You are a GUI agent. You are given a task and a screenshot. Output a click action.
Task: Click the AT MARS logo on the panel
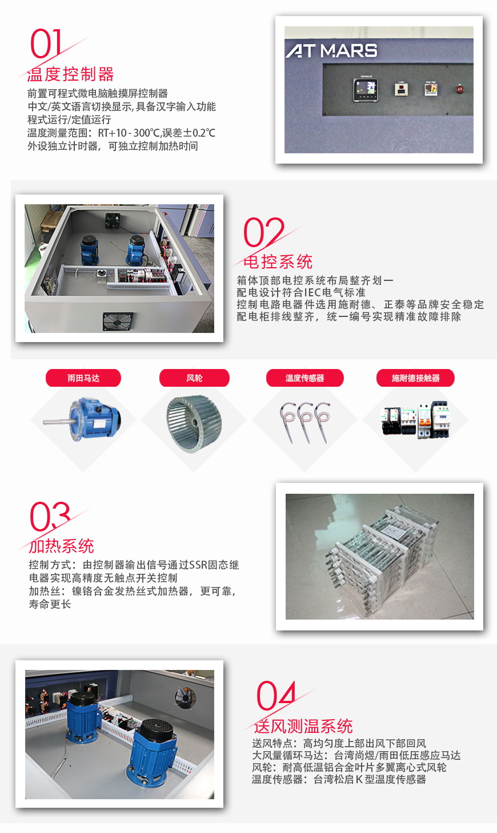(331, 51)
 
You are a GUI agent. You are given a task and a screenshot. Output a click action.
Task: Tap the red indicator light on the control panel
(459, 89)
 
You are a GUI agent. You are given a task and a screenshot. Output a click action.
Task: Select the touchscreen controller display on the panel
(366, 89)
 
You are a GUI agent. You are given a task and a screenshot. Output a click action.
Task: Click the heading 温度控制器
(71, 74)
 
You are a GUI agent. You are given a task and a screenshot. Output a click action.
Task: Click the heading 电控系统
(278, 262)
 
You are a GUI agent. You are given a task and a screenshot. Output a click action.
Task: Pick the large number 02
(263, 232)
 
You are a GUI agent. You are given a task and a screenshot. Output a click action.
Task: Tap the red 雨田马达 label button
(83, 378)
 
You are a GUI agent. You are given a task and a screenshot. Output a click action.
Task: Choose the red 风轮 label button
(194, 378)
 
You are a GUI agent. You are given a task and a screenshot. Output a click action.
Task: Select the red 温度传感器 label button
(304, 378)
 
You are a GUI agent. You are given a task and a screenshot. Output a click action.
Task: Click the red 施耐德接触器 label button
(415, 378)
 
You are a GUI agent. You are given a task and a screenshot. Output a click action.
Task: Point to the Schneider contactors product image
(415, 421)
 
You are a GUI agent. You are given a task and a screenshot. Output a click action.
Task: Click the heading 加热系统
(62, 546)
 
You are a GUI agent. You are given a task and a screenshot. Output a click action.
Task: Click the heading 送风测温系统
(303, 727)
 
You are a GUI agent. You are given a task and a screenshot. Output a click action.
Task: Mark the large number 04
(276, 696)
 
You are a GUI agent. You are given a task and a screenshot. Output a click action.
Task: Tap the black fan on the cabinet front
(118, 321)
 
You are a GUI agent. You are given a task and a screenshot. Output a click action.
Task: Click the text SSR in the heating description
(198, 565)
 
